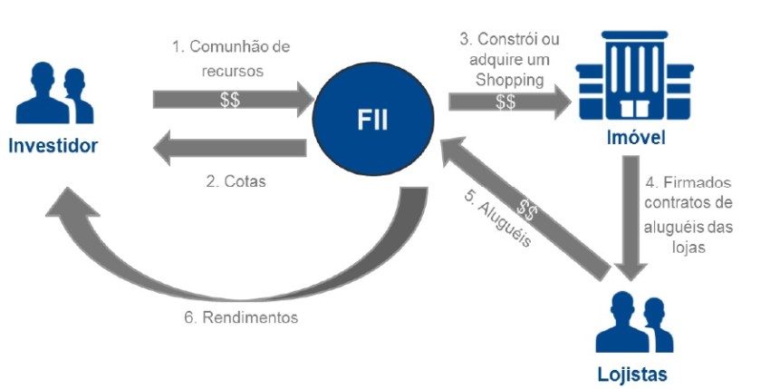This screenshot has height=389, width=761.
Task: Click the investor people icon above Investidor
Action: click(x=54, y=91)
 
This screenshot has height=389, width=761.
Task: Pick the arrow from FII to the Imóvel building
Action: click(x=507, y=102)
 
